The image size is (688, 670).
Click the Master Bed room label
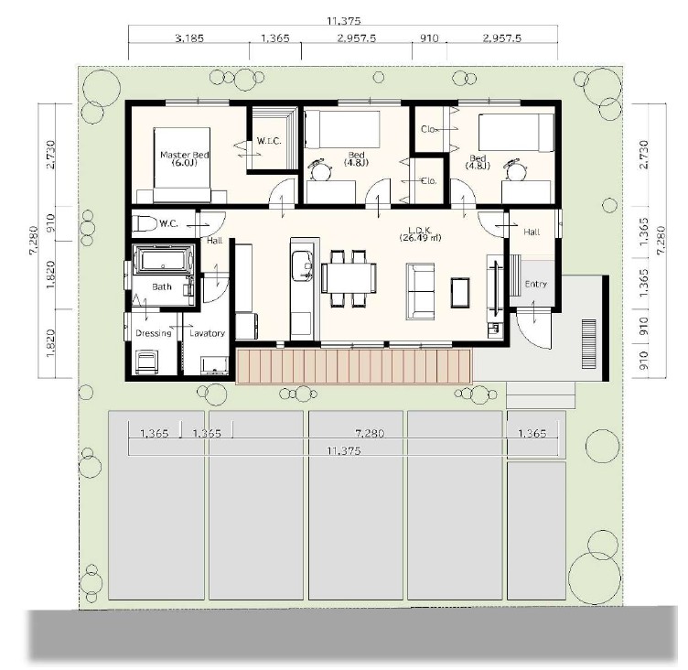184,158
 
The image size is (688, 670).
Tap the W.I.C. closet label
269,141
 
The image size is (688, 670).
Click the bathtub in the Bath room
163,260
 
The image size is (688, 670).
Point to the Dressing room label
154,333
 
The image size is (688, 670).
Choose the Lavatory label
207,333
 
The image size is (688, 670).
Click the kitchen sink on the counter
302,265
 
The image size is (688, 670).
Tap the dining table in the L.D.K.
349,277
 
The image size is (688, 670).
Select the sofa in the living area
420,291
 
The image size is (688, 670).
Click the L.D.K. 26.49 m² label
420,233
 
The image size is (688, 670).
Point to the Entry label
536,285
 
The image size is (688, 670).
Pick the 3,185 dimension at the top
189,38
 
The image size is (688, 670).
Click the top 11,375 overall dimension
344,21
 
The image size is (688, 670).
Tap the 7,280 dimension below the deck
370,434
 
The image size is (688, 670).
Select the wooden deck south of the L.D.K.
353,366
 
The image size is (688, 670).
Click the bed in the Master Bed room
182,165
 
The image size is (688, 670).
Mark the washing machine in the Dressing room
145,362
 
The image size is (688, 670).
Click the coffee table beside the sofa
460,293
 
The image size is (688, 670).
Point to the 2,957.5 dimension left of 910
357,38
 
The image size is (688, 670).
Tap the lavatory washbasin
215,365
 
